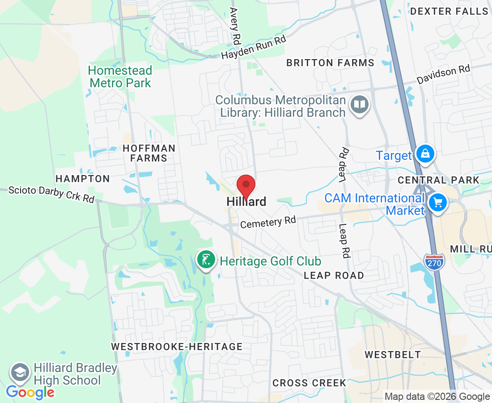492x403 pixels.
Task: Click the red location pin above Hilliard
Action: [x=246, y=185]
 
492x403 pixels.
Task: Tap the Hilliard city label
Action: [x=246, y=202]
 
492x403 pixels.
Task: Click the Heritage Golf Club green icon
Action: [x=206, y=261]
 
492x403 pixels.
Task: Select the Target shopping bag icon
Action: [x=425, y=154]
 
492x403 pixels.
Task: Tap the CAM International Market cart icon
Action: [x=438, y=203]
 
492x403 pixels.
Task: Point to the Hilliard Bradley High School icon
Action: [x=20, y=373]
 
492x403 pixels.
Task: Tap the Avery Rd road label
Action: [x=234, y=25]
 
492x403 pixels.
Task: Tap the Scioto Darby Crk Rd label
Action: [x=51, y=194]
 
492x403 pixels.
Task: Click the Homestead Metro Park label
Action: [x=120, y=77]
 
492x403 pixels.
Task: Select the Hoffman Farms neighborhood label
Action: [x=149, y=153]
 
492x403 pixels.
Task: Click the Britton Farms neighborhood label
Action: [x=330, y=63]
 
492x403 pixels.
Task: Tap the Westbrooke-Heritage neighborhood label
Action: [x=177, y=347]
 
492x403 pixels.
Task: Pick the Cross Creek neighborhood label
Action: [x=309, y=383]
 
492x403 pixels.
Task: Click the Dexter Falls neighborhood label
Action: [x=449, y=11]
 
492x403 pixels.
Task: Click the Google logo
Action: [x=30, y=393]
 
